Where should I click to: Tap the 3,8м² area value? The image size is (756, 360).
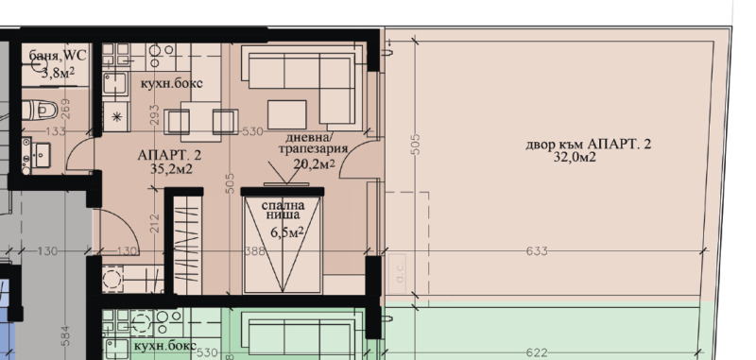pyautogui.click(x=59, y=72)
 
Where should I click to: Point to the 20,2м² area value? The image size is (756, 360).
pyautogui.click(x=315, y=163)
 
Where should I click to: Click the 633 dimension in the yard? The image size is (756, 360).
pyautogui.click(x=535, y=251)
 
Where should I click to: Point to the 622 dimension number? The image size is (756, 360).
pyautogui.click(x=536, y=352)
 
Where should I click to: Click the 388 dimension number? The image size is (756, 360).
pyautogui.click(x=254, y=251)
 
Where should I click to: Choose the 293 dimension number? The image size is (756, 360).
pyautogui.click(x=155, y=115)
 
